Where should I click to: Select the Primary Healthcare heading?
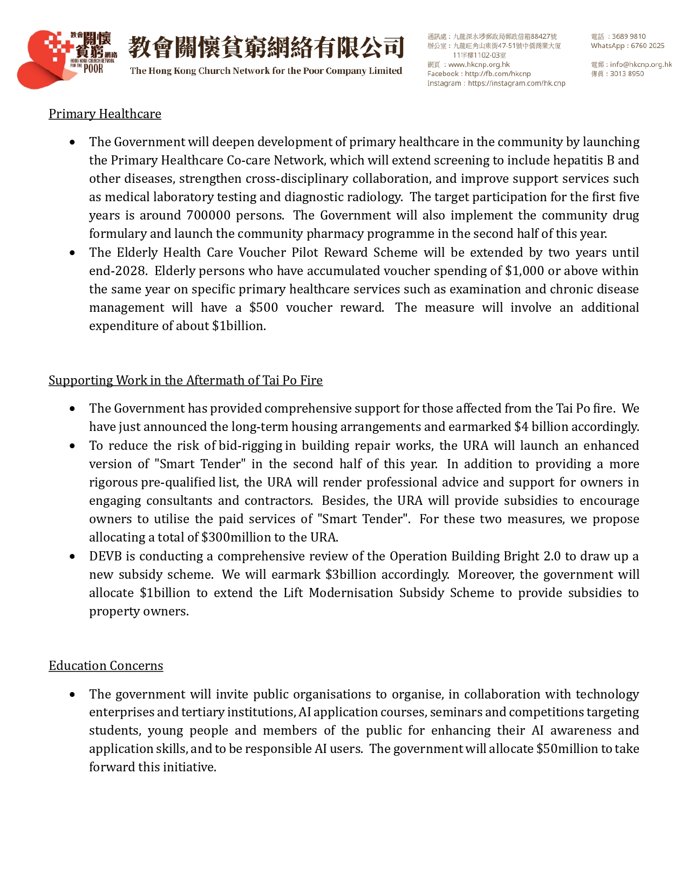click(105, 114)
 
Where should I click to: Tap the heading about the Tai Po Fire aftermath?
click(185, 380)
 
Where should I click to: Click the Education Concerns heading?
click(106, 666)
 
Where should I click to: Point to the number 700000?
click(208, 215)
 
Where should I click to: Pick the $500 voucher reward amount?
click(263, 307)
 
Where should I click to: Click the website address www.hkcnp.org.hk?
click(479, 64)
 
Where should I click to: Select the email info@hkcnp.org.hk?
click(641, 64)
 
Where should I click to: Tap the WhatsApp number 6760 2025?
click(648, 46)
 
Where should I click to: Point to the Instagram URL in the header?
click(516, 83)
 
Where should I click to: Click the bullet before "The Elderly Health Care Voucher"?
click(72, 252)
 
